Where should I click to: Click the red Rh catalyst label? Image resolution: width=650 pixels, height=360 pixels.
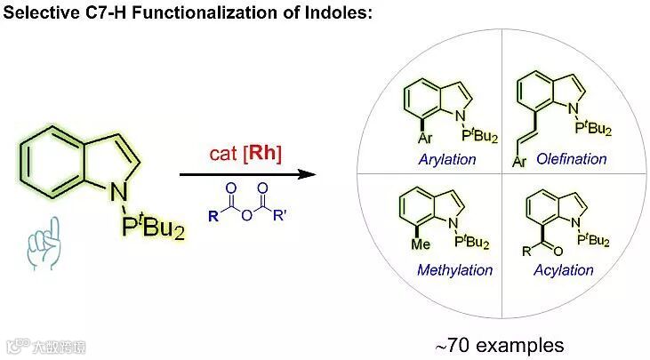tap(264, 154)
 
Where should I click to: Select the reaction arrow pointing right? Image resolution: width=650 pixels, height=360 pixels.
tap(248, 175)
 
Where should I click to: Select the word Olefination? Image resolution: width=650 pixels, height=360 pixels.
tap(573, 159)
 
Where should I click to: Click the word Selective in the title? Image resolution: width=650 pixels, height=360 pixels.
tap(35, 12)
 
